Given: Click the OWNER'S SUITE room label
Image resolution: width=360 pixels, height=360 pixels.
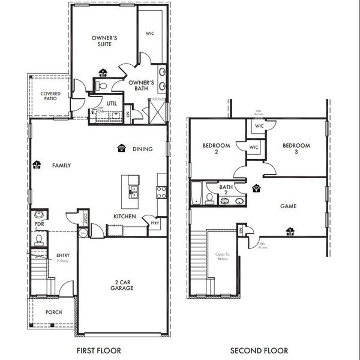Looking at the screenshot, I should coord(104,41).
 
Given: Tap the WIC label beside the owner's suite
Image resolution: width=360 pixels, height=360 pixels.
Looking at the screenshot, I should coord(150,34).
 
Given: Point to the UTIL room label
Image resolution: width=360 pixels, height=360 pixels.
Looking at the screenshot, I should coord(111,103).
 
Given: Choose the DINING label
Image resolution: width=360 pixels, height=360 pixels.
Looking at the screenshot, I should coord(142,149).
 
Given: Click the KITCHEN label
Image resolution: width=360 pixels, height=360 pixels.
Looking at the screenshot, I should coord(125,216).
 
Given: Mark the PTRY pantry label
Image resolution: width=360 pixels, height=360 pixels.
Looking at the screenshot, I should coord(155,223).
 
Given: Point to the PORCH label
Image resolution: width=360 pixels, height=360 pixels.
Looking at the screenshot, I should coord(54,312).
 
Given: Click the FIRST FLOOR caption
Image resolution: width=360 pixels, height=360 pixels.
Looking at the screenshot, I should coord(99,350).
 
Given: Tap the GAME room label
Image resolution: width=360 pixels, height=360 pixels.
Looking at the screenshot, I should coord(289,206).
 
